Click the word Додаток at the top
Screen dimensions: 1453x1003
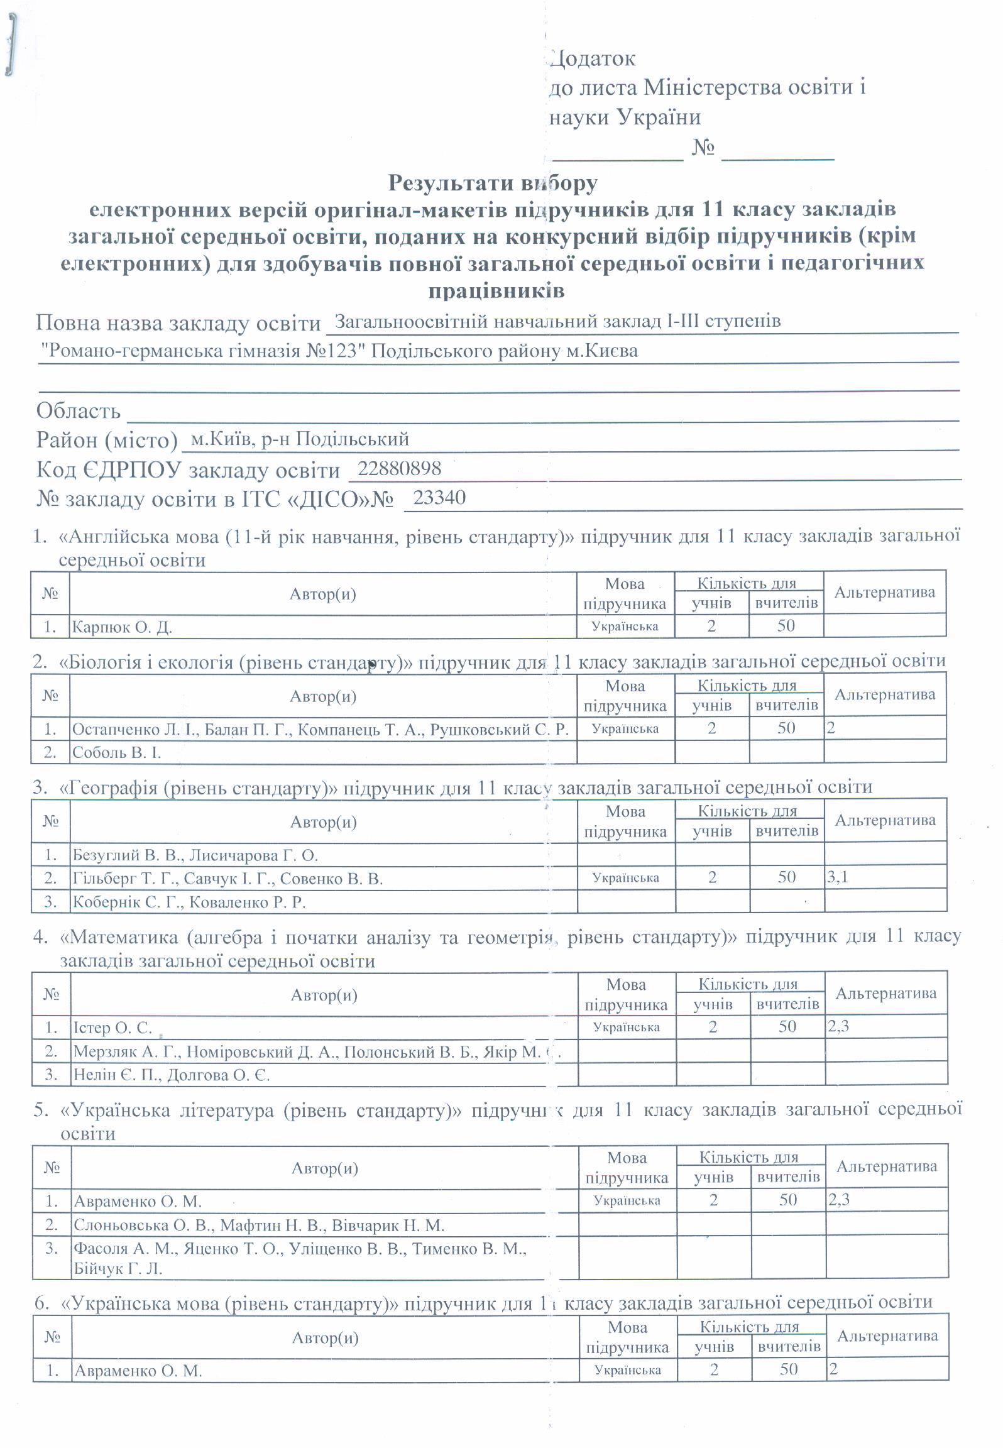coord(593,58)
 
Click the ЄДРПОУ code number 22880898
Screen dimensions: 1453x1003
coord(399,468)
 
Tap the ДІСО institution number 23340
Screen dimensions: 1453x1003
coord(439,497)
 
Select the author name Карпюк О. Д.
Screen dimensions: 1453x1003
coord(122,627)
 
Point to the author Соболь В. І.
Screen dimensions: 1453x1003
coord(116,752)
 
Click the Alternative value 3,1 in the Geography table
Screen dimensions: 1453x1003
coord(838,877)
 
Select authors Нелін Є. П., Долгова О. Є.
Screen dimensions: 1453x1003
coord(171,1075)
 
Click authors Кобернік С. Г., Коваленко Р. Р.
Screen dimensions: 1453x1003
coord(189,902)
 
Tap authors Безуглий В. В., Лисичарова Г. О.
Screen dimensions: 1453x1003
coord(195,855)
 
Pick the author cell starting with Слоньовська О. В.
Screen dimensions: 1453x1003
coord(258,1225)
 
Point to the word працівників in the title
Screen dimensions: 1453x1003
coord(496,291)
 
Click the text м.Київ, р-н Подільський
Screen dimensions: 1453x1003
coord(300,439)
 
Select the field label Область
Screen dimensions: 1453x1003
coord(79,411)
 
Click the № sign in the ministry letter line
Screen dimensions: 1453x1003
coord(703,148)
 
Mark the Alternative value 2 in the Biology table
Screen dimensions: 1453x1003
coord(831,728)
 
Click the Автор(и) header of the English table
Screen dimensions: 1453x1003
coord(322,594)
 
